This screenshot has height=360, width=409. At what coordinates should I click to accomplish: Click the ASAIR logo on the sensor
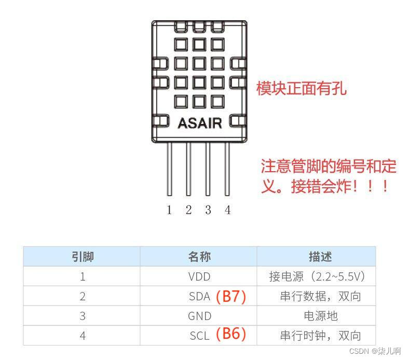click(199, 123)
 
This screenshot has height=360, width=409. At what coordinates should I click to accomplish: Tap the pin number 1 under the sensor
click(169, 210)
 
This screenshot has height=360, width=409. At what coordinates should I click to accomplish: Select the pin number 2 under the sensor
click(188, 210)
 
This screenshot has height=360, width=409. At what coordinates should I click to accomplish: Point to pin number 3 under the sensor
click(208, 210)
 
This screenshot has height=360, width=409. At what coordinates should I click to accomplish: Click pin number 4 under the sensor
click(227, 210)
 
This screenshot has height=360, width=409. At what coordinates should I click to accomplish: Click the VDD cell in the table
click(199, 276)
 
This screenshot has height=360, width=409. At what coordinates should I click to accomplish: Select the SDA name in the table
click(199, 297)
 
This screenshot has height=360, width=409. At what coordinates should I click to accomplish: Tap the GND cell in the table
click(199, 316)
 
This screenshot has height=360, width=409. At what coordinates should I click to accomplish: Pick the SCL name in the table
click(199, 336)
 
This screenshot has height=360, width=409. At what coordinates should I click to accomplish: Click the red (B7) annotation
click(230, 296)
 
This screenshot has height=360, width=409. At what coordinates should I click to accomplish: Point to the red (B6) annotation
click(230, 334)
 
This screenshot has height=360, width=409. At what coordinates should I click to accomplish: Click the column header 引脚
click(83, 256)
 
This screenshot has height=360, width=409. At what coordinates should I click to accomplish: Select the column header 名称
click(199, 256)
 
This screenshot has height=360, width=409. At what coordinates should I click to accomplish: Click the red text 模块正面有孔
click(302, 88)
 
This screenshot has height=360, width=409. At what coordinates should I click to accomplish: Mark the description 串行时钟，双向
click(320, 336)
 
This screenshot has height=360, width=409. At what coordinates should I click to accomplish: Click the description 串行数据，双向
click(320, 297)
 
